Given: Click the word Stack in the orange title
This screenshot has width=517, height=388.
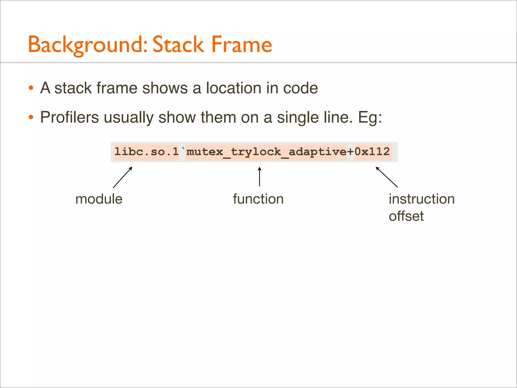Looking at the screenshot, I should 178,44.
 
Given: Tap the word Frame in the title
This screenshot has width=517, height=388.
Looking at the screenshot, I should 242,44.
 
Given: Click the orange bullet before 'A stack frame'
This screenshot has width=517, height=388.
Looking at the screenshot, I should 31,88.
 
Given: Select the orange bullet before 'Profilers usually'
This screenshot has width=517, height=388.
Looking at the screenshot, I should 31,117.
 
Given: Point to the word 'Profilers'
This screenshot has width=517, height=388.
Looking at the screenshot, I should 69,117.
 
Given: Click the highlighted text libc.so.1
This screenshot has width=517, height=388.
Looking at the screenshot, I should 146,152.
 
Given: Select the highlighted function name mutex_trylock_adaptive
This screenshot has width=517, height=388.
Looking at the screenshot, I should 266,152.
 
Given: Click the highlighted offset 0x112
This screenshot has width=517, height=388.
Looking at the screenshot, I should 372,152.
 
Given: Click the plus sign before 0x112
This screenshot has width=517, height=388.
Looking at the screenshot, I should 351,152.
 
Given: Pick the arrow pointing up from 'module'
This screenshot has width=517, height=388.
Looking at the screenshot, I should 122,177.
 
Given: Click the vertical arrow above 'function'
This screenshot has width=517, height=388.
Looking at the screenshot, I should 260,177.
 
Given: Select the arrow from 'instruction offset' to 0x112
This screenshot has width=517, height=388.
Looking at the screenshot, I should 386,177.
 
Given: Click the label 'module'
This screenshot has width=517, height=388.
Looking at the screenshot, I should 99,199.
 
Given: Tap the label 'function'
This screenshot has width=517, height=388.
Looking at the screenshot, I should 258,199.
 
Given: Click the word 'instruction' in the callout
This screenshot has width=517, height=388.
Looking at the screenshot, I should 422,199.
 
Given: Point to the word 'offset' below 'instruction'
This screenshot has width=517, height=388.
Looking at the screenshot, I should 406,216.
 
